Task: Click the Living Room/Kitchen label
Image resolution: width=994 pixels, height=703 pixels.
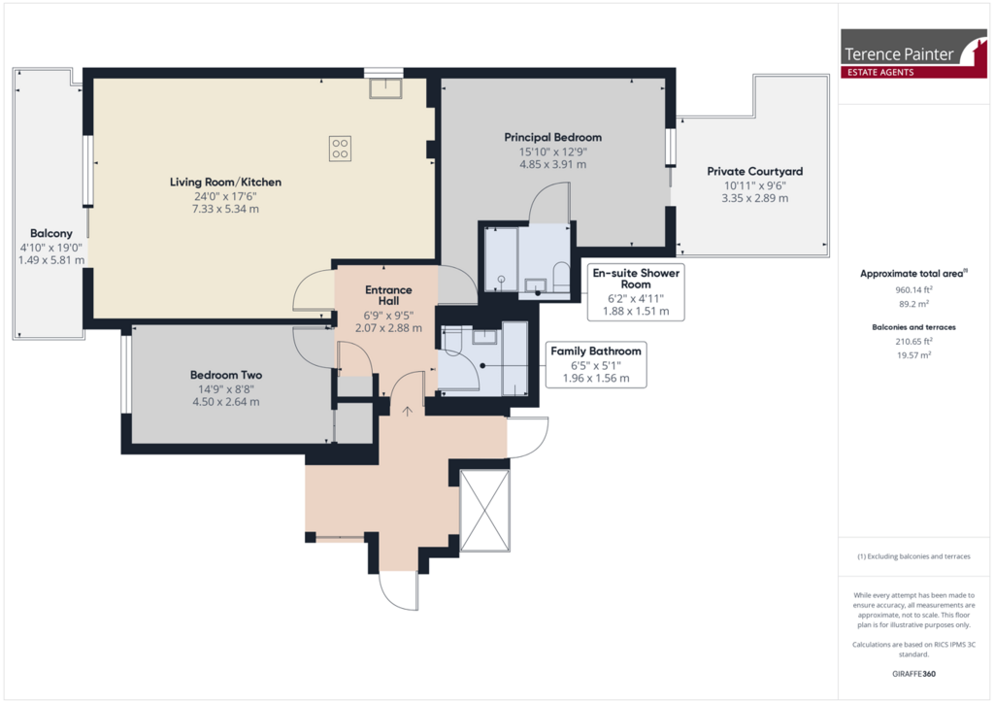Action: [225, 182]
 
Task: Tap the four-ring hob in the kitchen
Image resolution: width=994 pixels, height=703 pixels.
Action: [341, 149]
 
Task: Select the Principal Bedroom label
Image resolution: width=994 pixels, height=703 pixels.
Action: [552, 137]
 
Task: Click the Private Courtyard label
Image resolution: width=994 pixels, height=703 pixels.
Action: [754, 171]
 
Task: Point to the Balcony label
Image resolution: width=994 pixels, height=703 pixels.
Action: [51, 233]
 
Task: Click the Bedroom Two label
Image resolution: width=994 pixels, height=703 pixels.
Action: [225, 375]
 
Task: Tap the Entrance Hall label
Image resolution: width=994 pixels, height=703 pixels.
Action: [388, 295]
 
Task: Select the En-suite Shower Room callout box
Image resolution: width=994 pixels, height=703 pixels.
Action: [636, 291]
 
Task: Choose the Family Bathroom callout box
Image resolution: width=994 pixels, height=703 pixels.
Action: [596, 364]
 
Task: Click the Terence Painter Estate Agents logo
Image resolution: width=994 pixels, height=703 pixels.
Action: [913, 53]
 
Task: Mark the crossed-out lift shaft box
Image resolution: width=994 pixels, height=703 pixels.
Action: [484, 511]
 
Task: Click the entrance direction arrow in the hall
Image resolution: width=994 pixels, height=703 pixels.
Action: [407, 412]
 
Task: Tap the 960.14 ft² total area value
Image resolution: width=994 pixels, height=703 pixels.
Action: [913, 289]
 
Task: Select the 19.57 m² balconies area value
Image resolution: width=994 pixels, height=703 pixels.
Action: [913, 355]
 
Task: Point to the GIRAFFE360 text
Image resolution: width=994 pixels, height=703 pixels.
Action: [913, 674]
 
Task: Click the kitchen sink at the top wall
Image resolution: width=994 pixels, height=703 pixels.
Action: [385, 88]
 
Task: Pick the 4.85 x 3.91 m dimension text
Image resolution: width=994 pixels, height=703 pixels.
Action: [552, 164]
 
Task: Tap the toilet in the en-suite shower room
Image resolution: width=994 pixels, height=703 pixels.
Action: [562, 277]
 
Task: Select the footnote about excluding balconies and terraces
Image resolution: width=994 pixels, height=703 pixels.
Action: [913, 556]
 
